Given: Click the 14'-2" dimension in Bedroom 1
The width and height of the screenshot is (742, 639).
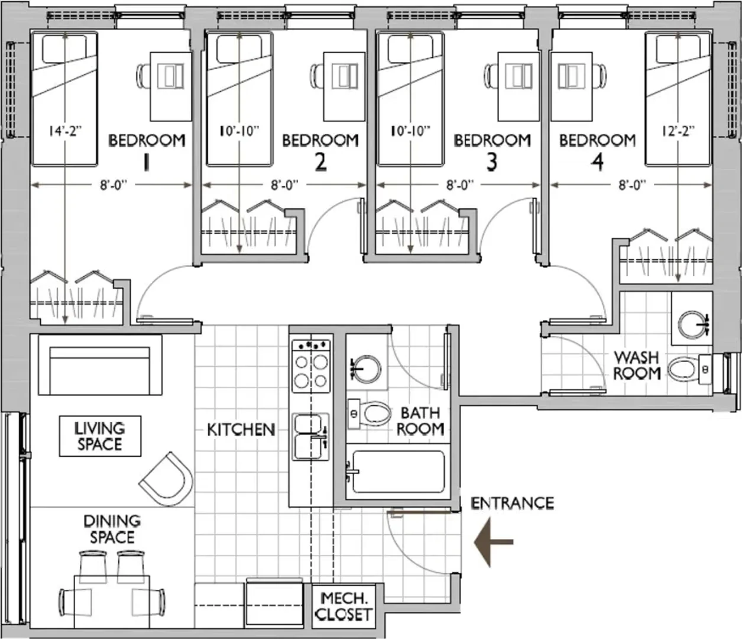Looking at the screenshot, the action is tap(66, 131).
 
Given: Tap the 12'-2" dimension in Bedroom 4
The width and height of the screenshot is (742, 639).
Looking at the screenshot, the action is tap(678, 131).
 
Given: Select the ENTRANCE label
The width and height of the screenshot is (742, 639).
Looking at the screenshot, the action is tap(512, 504).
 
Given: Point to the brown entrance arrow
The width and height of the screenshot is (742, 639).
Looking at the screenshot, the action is tap(494, 542).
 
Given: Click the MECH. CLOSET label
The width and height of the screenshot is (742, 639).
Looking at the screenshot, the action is tap(344, 606).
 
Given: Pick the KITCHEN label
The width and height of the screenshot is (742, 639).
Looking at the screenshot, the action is tap(241, 430).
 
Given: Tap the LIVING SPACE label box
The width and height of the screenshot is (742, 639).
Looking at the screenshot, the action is tap(100, 436).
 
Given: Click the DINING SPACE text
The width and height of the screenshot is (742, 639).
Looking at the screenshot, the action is tap(112, 529).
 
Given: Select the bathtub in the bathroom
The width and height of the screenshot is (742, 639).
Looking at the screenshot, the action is tap(398, 472).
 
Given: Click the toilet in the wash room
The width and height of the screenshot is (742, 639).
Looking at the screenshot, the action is tap(686, 370).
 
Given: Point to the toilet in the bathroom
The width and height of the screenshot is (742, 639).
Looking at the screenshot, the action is tap(369, 414).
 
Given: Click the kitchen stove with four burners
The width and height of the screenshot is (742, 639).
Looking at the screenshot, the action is tap(311, 366).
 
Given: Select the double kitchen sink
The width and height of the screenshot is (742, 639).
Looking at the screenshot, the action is tap(310, 437).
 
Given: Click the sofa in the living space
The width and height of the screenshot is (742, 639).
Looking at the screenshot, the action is tap(100, 365).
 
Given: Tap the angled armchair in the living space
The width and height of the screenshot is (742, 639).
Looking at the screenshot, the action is tap(167, 479).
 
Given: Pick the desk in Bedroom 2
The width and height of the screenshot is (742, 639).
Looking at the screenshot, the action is tap(344, 86).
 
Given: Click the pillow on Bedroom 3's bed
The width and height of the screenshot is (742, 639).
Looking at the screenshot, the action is tap(411, 49).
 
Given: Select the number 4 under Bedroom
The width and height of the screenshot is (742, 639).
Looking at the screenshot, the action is tap(597, 162).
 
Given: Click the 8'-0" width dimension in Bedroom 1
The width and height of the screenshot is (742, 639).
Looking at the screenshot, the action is tap(114, 185).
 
